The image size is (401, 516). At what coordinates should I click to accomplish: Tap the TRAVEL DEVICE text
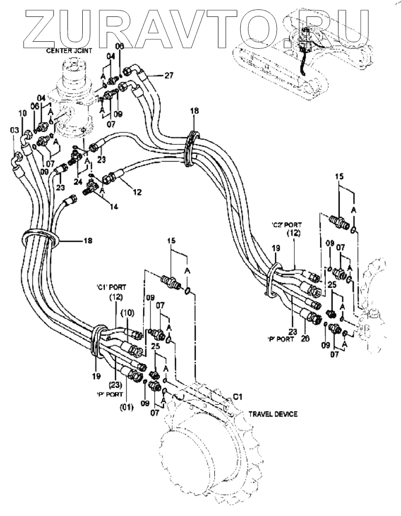270,415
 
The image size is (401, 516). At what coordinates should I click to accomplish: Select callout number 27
168,75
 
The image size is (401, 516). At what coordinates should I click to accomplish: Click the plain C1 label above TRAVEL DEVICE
238,398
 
